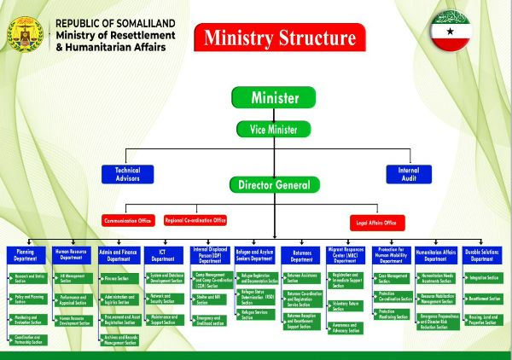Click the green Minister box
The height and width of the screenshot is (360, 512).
tap(274, 97)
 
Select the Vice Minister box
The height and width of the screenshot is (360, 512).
tap(274, 130)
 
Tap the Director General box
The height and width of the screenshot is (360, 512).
tap(274, 184)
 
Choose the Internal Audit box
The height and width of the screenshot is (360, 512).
tap(408, 175)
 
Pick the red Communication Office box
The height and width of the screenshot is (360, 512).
tap(127, 221)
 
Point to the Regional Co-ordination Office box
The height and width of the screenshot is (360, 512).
tap(195, 220)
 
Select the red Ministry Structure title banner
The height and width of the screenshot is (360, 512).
tap(279, 38)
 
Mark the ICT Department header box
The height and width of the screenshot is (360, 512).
tap(165, 254)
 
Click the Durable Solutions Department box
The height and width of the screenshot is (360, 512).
tap(483, 254)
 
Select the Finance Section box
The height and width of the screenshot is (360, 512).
tap(120, 278)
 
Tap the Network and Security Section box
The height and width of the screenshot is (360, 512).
tap(166, 299)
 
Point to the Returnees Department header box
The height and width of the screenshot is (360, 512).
tap(303, 254)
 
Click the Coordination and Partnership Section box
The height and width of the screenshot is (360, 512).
tap(28, 340)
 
